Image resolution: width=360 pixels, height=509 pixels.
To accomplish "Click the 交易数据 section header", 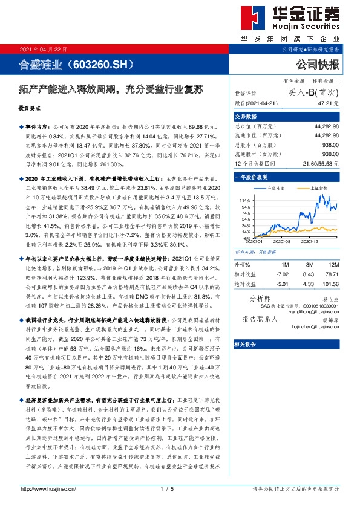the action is pyautogui.click(x=246, y=117).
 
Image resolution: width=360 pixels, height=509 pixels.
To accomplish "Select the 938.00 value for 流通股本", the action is pyautogui.click(x=330, y=154).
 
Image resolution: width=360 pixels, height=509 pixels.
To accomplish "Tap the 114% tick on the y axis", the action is pyautogui.click(x=244, y=200).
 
